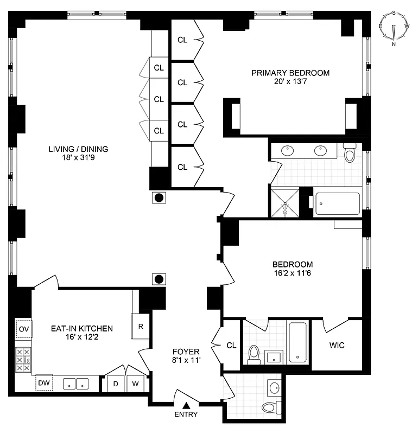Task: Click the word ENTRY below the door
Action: [x=186, y=415]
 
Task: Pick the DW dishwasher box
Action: [x=43, y=383]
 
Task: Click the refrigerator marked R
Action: [x=141, y=327]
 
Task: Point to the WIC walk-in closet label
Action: [x=337, y=345]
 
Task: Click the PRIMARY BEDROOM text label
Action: [x=290, y=73]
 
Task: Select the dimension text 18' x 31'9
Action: [x=78, y=158]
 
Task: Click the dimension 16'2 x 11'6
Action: [x=293, y=275]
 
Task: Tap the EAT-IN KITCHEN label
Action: [x=81, y=328]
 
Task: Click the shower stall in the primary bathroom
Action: [x=285, y=203]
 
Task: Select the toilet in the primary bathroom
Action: [x=350, y=154]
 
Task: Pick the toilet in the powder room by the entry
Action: [x=269, y=407]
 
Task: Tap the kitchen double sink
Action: [x=75, y=384]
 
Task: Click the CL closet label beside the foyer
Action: [x=231, y=345]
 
